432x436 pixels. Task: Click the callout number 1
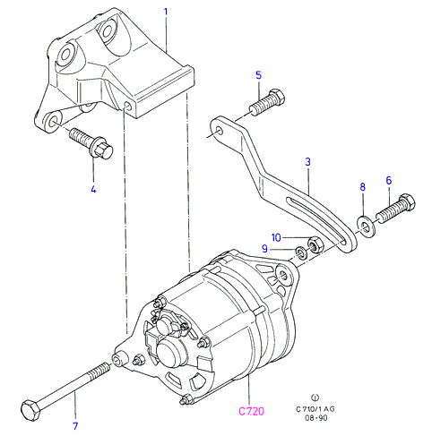(166, 13)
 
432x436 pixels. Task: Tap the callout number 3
(307, 162)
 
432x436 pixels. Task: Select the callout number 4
(93, 189)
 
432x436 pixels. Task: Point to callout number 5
(259, 75)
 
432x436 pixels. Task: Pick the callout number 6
(389, 180)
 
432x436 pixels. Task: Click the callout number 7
(75, 426)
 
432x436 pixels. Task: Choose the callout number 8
(363, 187)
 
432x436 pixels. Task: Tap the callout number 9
(264, 248)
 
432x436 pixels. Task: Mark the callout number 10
(276, 237)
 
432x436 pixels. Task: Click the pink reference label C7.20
(252, 412)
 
